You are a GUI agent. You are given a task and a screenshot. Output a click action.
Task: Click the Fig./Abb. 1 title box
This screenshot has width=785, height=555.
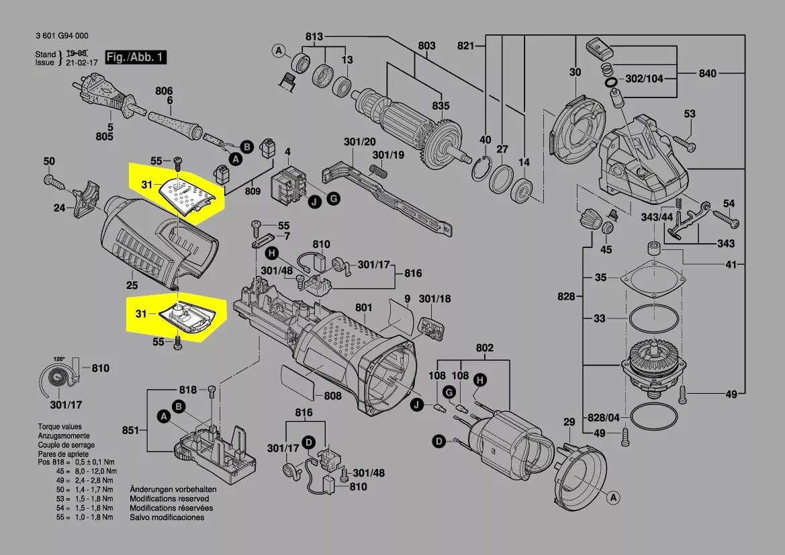coord(136,57)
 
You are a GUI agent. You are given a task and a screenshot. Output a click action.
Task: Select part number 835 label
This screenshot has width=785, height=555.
coord(441,105)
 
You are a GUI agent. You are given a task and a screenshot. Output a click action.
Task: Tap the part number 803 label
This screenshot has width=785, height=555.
coord(426,46)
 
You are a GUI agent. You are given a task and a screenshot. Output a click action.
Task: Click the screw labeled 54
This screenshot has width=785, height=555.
coord(725,218)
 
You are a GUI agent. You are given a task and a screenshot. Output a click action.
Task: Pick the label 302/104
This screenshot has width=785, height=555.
coord(645,79)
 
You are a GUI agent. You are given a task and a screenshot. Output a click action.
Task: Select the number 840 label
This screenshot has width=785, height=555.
coord(707,74)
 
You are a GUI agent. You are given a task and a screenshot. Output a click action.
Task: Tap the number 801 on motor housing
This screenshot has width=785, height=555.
coord(363,308)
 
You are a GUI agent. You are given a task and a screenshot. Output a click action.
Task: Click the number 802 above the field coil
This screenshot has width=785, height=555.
coord(484,347)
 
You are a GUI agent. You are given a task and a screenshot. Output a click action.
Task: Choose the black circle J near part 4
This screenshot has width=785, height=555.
coord(314,202)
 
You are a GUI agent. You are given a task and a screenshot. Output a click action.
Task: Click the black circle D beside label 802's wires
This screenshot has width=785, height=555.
coord(439,442)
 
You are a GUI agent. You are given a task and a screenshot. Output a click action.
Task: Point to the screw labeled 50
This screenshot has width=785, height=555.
coord(56,181)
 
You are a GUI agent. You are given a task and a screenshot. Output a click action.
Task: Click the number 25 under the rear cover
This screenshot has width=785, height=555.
coord(132,286)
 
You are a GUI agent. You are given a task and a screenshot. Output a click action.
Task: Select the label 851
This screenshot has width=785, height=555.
coord(130,430)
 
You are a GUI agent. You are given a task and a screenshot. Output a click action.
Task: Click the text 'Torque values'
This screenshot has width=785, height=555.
coord(60,427)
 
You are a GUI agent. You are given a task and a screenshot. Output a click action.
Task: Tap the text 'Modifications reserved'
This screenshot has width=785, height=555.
coord(169,499)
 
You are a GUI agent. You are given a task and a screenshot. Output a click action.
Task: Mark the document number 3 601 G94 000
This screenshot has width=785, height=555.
coord(62,36)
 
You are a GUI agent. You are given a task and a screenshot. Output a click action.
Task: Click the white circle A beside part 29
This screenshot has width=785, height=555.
coord(613,497)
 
